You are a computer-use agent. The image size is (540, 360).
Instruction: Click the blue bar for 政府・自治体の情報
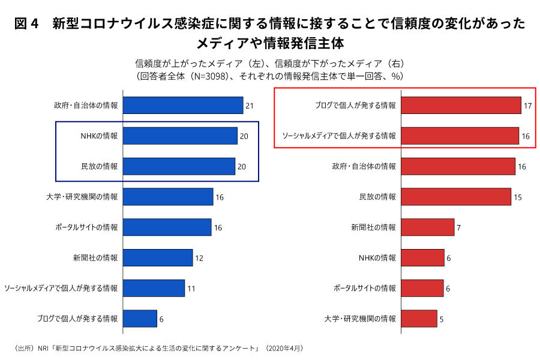point(183,106)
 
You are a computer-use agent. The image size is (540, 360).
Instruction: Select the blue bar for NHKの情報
point(180,136)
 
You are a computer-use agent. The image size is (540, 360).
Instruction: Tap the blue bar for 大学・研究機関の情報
point(168,197)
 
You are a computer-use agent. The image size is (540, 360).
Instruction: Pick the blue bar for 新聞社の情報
point(158,257)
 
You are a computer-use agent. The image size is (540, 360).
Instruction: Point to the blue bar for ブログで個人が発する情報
point(140,319)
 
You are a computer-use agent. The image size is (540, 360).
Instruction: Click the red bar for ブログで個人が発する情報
point(461,106)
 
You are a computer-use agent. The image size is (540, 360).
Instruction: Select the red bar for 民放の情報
point(456,197)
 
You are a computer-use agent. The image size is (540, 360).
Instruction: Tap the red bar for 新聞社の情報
point(427,227)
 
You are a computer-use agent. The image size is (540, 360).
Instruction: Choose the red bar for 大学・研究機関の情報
point(419,319)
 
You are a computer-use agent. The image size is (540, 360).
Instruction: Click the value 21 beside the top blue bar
point(250,106)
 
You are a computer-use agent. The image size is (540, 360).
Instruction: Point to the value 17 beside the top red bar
point(528,106)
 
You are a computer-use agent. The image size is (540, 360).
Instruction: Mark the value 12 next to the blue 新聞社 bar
point(199,258)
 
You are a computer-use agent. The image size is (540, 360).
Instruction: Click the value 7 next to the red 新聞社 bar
point(458,228)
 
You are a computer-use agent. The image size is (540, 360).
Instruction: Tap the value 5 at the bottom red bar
point(442,319)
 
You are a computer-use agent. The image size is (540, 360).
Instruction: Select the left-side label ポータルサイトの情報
point(86,227)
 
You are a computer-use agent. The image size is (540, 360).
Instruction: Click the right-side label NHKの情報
point(377,258)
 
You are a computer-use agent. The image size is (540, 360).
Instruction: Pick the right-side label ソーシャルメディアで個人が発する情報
point(339,136)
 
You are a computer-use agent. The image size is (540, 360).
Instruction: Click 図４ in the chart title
point(26,24)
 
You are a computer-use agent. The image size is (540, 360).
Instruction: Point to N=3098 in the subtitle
point(210,76)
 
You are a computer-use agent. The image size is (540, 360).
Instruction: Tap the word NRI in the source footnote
point(44,348)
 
